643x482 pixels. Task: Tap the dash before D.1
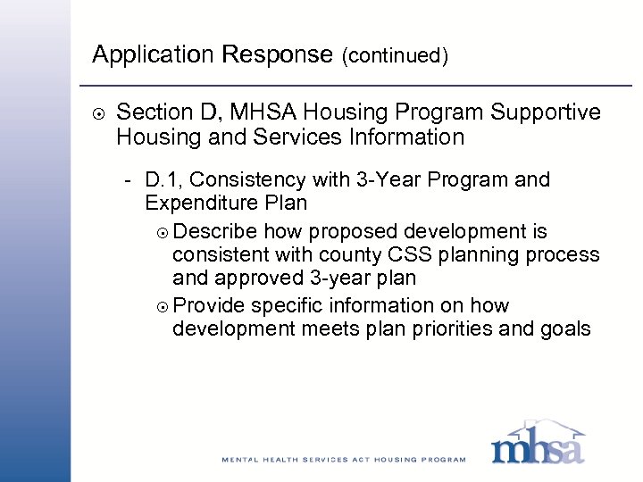click(130, 180)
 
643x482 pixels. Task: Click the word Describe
click(214, 232)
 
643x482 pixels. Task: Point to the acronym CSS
click(380, 255)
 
